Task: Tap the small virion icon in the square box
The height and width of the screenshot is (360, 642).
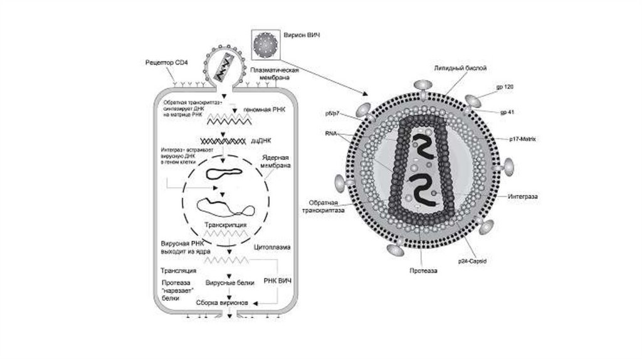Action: tap(263, 43)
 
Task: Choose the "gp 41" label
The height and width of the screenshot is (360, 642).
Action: tap(508, 112)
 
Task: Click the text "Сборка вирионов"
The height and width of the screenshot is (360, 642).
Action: tap(223, 303)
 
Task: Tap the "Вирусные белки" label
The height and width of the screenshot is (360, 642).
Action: tap(226, 283)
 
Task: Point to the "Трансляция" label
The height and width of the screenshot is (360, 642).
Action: tap(179, 271)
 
